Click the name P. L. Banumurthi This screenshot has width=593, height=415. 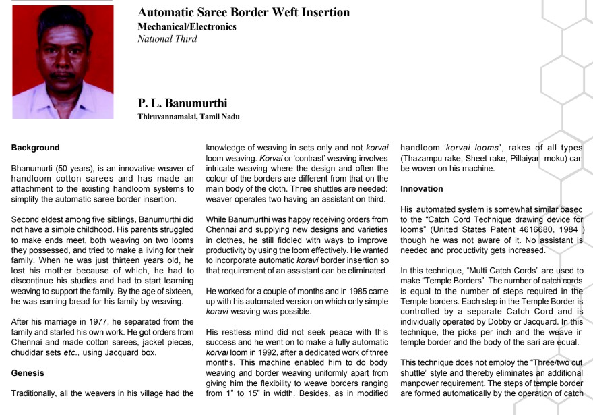(182, 103)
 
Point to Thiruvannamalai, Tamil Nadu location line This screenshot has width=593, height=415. (188, 116)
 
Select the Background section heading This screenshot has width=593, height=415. (35, 147)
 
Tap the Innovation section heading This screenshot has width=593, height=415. (422, 188)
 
